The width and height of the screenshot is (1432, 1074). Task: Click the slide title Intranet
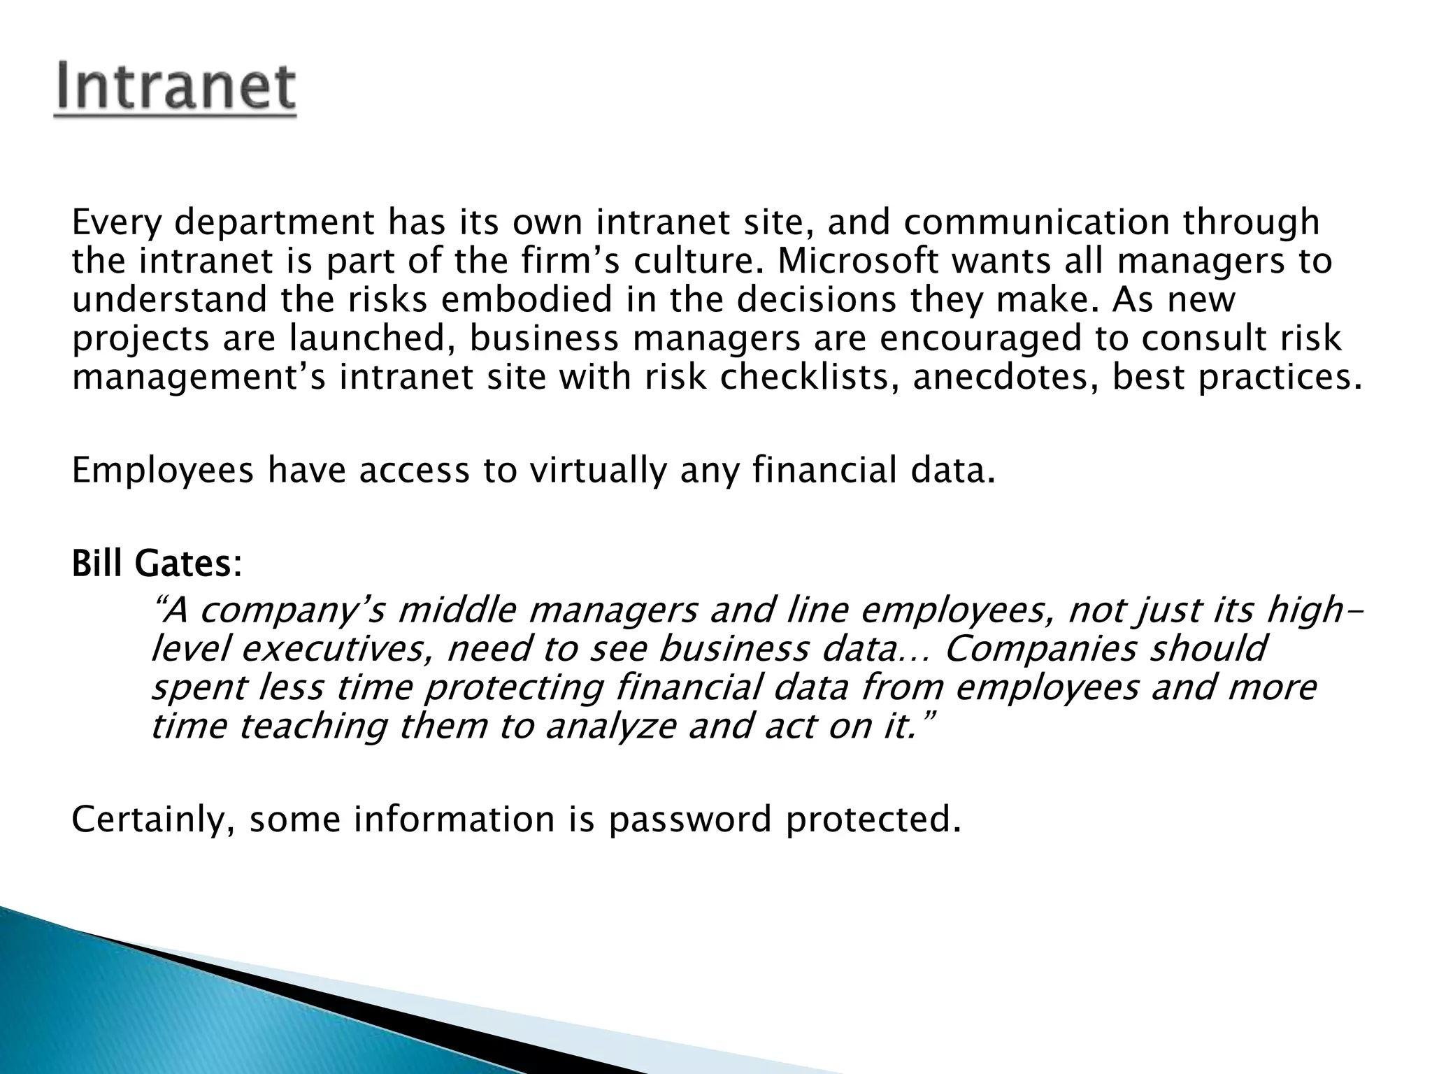click(x=176, y=89)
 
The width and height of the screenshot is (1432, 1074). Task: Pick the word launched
click(x=368, y=338)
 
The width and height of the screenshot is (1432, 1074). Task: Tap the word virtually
click(x=598, y=470)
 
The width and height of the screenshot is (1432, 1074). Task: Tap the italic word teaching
click(x=312, y=726)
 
